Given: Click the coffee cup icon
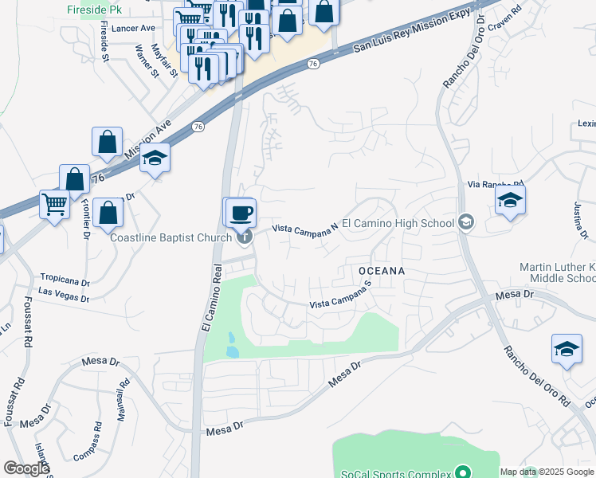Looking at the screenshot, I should point(240,213).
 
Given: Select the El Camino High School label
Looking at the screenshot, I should point(398,223).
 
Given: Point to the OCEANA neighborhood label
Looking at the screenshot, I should point(382,271).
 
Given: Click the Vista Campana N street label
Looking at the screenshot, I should point(305,228).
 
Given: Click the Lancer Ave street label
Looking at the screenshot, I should point(134,27).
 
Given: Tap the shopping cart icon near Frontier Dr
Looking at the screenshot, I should point(54,205).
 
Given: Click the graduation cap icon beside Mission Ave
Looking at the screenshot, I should point(155,158).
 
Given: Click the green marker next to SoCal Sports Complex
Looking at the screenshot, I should point(461,472).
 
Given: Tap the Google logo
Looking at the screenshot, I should point(26,468).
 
